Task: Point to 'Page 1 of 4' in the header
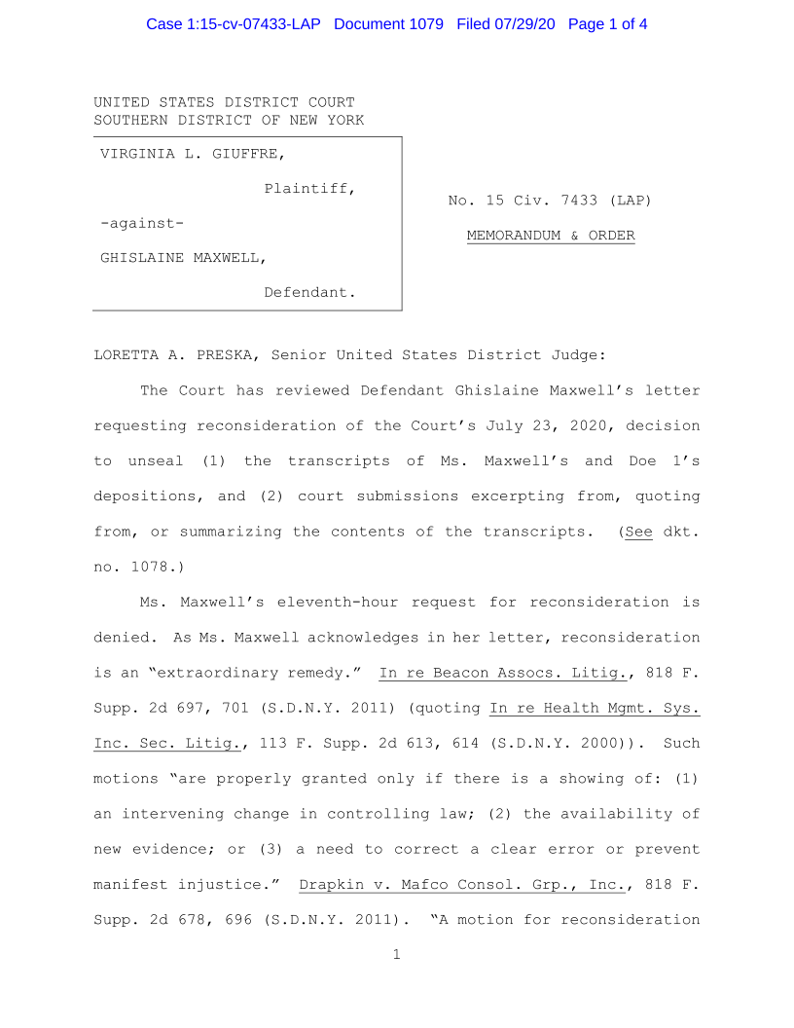[607, 23]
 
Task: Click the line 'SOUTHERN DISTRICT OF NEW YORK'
[229, 121]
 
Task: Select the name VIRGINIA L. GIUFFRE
[193, 153]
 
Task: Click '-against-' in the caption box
[142, 223]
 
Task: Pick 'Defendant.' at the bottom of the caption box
[309, 292]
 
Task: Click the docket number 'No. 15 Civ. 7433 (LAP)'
[550, 201]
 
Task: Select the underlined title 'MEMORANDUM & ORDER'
[551, 236]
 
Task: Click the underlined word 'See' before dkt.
[638, 532]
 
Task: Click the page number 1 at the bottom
[397, 955]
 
